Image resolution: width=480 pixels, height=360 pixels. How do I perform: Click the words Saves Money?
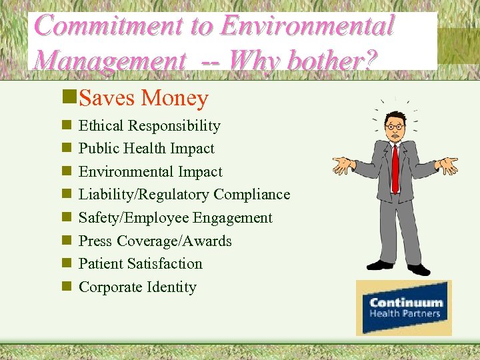coord(143,99)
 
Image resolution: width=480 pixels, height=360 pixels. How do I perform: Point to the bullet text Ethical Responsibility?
coord(149,125)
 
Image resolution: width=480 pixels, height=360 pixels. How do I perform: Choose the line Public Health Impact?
coord(147,149)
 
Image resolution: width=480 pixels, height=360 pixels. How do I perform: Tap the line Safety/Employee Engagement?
coord(175,218)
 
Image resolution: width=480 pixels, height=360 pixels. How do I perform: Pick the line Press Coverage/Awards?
coord(155,241)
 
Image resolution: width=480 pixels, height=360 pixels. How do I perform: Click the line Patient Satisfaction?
coord(140,264)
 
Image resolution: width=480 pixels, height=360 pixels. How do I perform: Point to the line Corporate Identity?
coord(137,287)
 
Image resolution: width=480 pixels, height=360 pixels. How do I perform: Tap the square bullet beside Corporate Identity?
coord(66,287)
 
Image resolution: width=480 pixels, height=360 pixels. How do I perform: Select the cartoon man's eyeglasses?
coord(395,126)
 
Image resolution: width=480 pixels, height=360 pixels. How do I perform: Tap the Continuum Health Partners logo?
coord(404,307)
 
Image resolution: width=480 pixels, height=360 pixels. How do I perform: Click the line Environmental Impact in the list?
coord(150,172)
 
